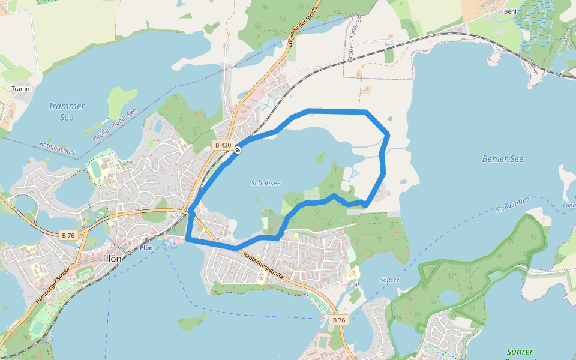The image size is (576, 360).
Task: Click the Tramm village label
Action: click(21, 89)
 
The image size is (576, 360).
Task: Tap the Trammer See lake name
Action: click(67, 112)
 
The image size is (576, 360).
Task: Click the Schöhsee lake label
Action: click(266, 183)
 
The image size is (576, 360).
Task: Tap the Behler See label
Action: click(503, 159)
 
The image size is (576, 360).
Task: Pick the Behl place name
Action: click(510, 11)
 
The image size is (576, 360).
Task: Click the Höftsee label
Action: click(389, 280)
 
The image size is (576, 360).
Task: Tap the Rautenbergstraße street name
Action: click(263, 263)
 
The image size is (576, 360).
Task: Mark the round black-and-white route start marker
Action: click(238, 150)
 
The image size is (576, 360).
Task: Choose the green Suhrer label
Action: click(520, 352)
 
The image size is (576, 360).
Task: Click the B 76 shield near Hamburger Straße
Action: click(68, 235)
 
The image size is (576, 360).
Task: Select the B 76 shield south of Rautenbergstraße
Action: click(338, 320)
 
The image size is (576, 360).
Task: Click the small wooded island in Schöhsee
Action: click(320, 158)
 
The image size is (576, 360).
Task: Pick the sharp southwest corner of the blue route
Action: click(188, 239)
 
